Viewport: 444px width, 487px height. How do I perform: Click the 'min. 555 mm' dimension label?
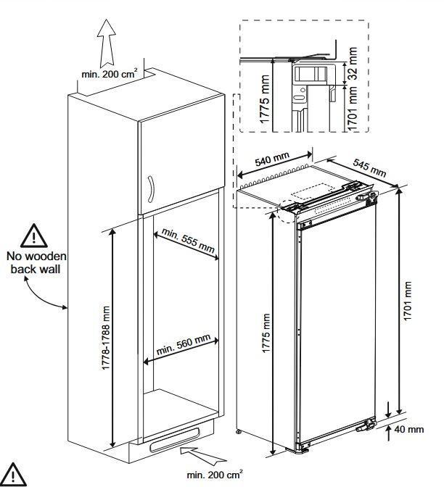[188, 242]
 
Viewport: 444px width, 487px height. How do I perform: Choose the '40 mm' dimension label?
[411, 430]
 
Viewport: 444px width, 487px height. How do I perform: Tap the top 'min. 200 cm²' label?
[113, 74]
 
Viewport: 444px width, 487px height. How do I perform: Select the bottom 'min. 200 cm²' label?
[215, 475]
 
